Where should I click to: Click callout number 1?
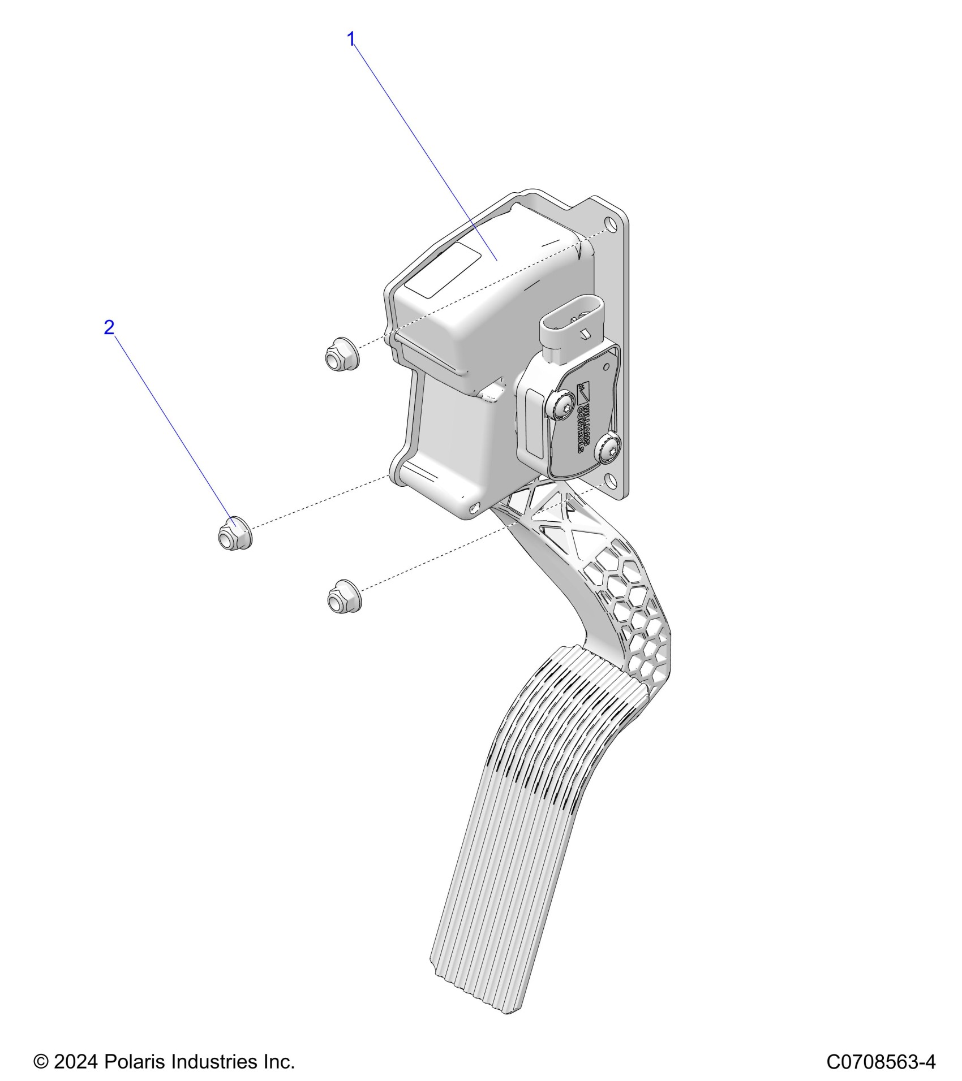[351, 39]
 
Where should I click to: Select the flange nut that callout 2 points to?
[234, 533]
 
